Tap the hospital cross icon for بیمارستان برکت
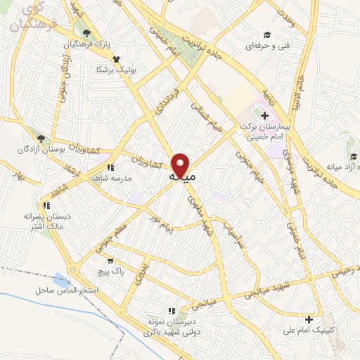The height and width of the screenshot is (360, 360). (x=264, y=115)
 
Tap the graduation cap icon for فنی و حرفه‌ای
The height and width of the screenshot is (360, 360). (x=266, y=34)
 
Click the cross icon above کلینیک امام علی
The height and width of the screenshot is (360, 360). (x=309, y=318)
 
